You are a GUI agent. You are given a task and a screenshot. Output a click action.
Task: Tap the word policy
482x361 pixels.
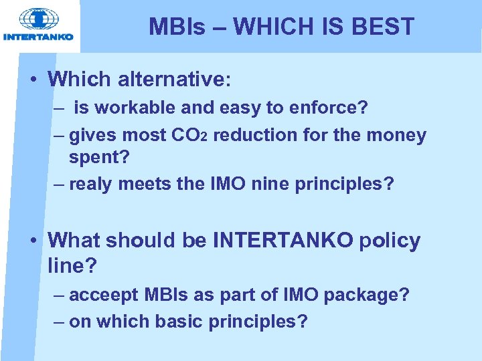pyautogui.click(x=390, y=240)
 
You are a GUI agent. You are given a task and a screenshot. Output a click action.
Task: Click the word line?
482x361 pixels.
pyautogui.click(x=73, y=265)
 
